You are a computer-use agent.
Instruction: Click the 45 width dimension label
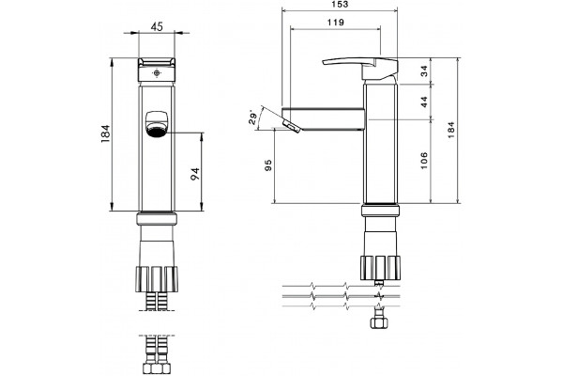coord(157,26)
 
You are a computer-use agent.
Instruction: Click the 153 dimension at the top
coord(340,5)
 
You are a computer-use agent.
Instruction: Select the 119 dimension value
coord(336,23)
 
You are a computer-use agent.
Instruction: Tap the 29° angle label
coord(253,117)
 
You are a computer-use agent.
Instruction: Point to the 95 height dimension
coord(267,165)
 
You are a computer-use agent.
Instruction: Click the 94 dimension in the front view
coord(195,174)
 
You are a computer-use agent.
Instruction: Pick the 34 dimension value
coord(424,70)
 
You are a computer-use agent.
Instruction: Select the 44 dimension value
coord(424,102)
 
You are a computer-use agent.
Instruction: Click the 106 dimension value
coord(424,161)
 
